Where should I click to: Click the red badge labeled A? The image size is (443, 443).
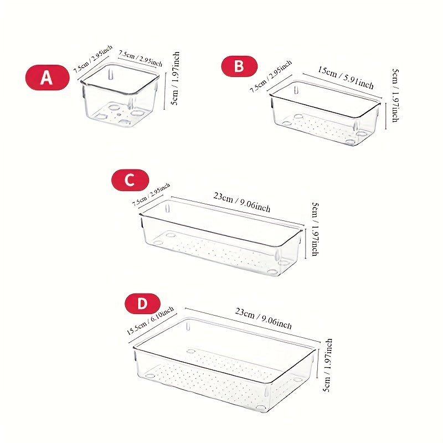pos(47,78)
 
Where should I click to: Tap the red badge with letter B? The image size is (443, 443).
pos(239,66)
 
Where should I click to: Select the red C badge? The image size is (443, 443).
pos(130,181)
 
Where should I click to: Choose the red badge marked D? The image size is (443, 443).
pos(142,303)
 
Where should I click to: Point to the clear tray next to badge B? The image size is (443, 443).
pos(325,114)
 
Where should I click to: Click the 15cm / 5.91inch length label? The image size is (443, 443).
pos(346,78)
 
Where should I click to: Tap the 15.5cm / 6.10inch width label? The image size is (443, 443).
pos(147,321)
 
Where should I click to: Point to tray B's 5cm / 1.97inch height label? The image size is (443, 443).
pos(394,95)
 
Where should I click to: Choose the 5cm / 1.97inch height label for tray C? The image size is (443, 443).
pos(315,229)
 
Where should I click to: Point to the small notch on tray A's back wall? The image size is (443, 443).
pos(110,73)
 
